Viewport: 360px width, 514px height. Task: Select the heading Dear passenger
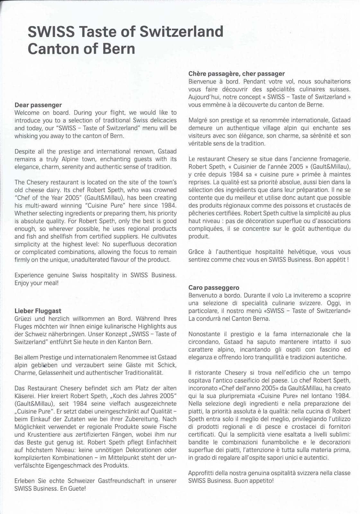[38, 105]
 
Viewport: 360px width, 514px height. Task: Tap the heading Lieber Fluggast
[38, 311]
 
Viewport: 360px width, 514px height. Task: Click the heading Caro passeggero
[214, 288]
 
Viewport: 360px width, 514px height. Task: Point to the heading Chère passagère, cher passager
[237, 74]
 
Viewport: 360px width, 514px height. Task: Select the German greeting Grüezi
[23, 319]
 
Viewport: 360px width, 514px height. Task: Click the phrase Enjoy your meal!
[37, 283]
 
